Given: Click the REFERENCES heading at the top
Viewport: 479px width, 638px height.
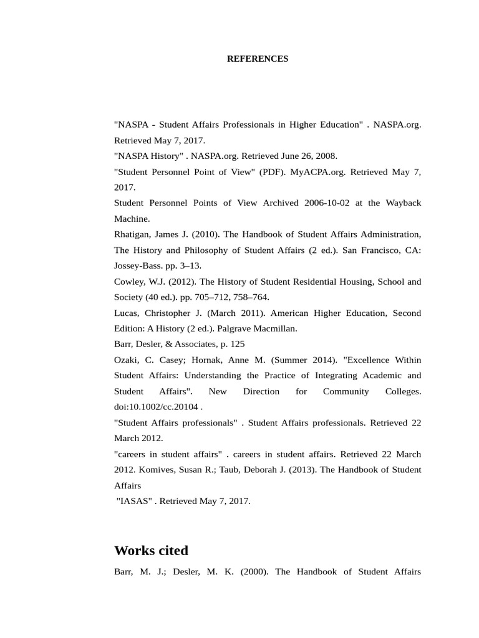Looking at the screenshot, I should pos(257,59).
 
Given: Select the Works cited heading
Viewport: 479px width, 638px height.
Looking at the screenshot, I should pos(151,551).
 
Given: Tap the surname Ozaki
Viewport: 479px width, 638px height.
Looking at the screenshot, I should pos(127,360).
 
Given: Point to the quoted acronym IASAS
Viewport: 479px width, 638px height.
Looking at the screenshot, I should pos(134,501).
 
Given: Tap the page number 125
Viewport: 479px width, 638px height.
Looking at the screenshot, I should pos(237,344).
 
